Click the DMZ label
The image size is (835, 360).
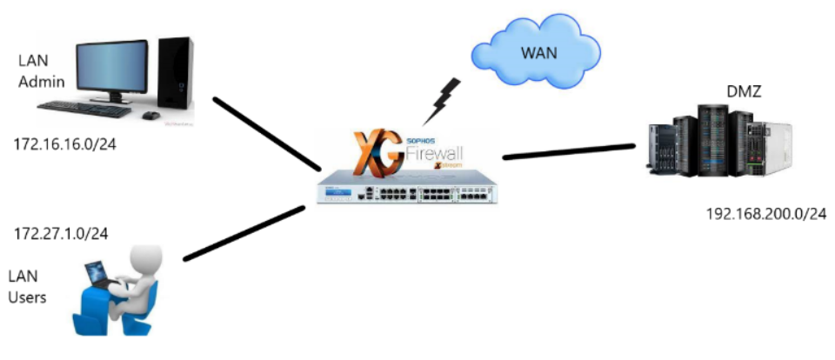pos(744,91)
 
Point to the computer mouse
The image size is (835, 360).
pos(150,115)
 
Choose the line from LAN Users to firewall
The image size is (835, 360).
pos(244,233)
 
